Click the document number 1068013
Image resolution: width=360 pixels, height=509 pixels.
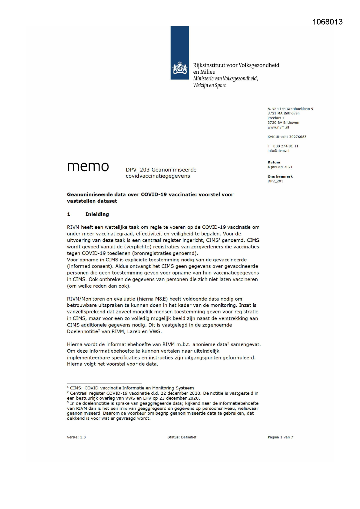click(328, 22)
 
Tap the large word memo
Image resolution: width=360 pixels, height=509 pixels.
click(88, 167)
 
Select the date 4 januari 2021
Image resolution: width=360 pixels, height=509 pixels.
click(280, 167)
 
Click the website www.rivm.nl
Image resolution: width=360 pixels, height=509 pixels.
click(278, 127)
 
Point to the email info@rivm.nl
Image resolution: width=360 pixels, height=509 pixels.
click(278, 151)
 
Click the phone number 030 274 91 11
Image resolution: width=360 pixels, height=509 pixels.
click(285, 146)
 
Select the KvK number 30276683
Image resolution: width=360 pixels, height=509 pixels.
click(298, 137)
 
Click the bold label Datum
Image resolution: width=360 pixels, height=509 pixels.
click(274, 163)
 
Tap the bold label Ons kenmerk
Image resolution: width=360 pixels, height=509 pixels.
click(280, 176)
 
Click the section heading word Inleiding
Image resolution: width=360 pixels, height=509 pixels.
click(97, 214)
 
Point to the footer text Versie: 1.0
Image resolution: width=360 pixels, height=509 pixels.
click(76, 437)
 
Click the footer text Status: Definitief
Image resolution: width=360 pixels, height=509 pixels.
click(182, 437)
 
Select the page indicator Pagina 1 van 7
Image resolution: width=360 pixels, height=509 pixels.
click(280, 437)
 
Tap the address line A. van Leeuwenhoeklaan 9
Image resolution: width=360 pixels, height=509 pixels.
click(290, 109)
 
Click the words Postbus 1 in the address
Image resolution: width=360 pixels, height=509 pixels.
click(276, 118)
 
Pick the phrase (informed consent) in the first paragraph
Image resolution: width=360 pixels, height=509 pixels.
click(89, 266)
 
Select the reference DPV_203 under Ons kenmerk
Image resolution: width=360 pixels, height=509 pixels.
click(275, 181)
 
